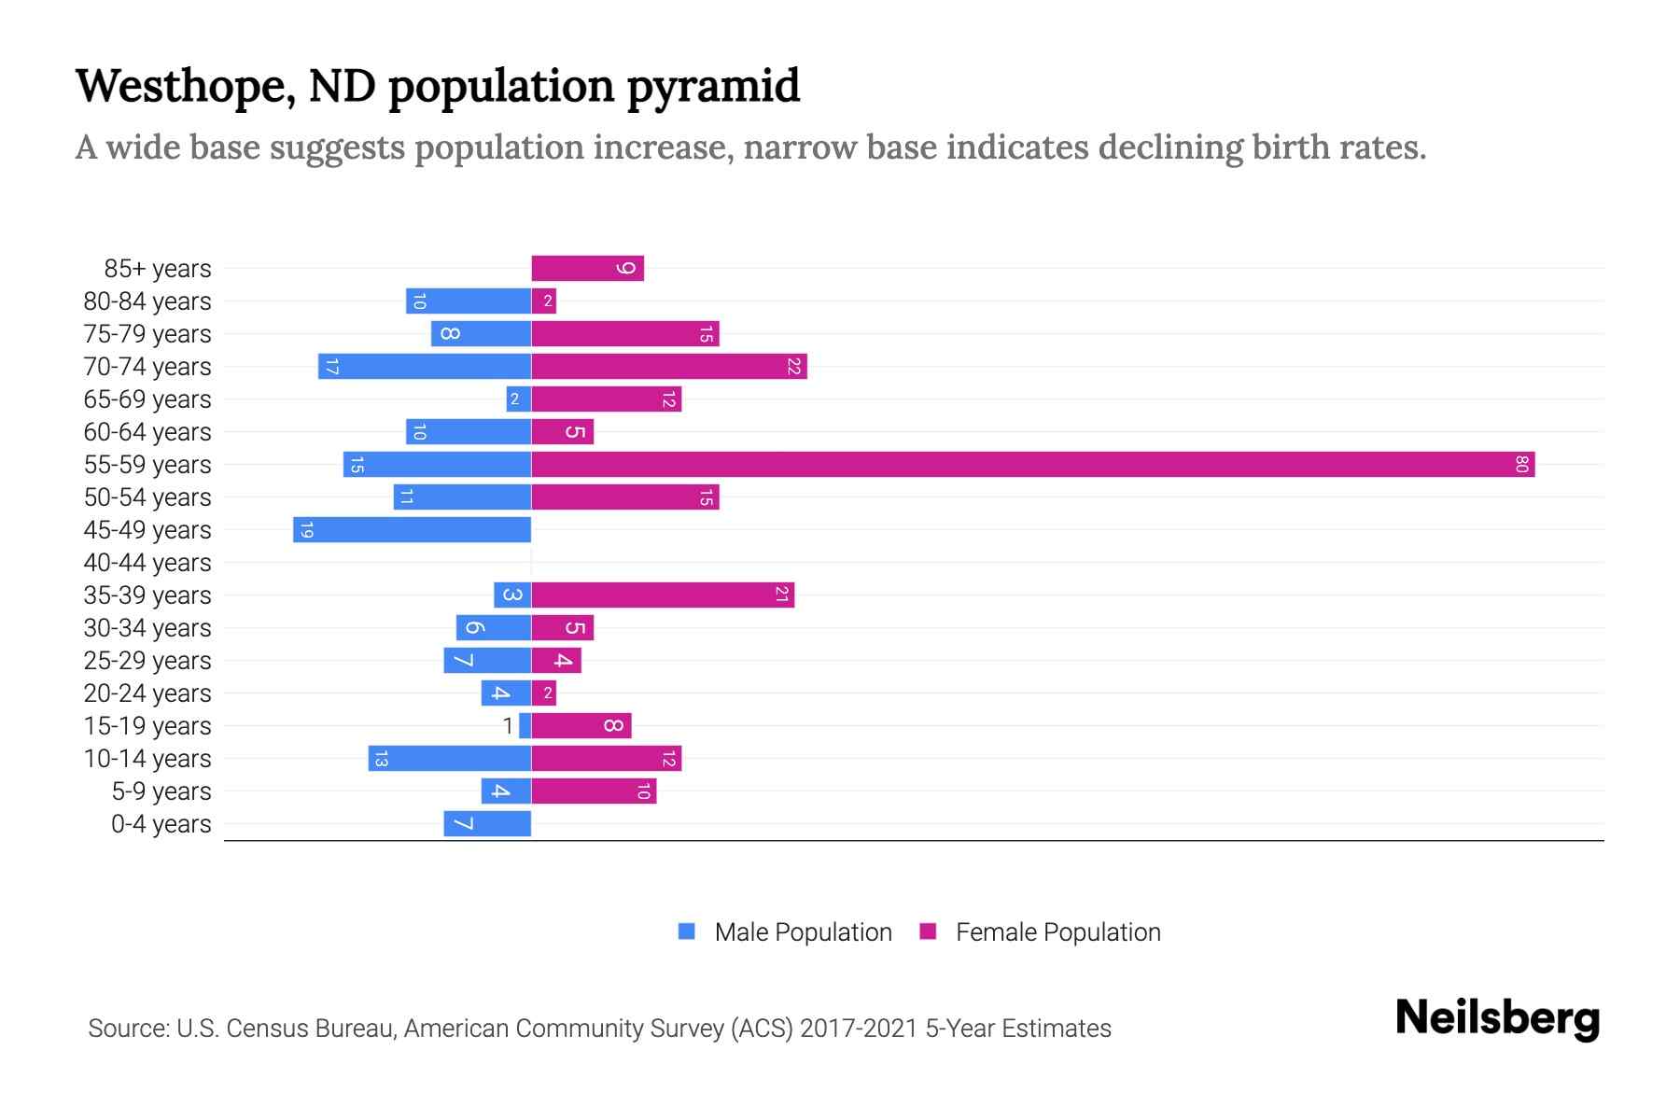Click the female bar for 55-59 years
tap(1032, 464)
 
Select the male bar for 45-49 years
tap(412, 529)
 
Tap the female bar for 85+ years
tap(587, 268)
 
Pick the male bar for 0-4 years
tap(487, 823)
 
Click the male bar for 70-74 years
tap(425, 366)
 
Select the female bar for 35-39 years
tap(663, 595)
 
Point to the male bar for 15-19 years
tap(525, 725)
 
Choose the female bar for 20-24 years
tap(544, 693)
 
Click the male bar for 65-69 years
tap(519, 399)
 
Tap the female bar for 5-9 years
tap(594, 791)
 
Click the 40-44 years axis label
tap(147, 563)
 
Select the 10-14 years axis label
tap(147, 759)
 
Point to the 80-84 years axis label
tap(147, 301)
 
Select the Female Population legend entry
tap(1041, 931)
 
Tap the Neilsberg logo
tap(1497, 1018)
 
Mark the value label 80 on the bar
tap(1521, 464)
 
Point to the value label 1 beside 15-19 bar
tap(508, 725)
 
